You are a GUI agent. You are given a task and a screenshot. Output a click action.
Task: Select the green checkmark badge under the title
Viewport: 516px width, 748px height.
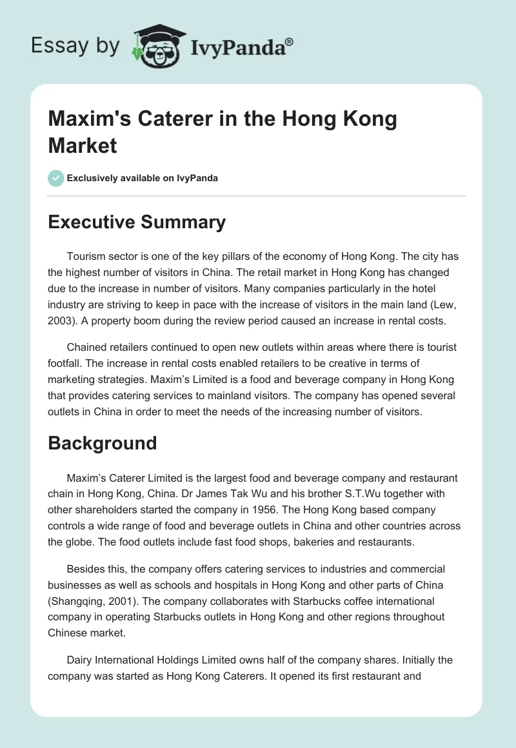click(55, 177)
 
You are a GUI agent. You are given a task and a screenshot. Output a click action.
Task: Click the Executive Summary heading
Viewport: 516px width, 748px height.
click(137, 222)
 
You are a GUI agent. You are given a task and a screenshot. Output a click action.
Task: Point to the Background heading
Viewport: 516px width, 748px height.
click(103, 443)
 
